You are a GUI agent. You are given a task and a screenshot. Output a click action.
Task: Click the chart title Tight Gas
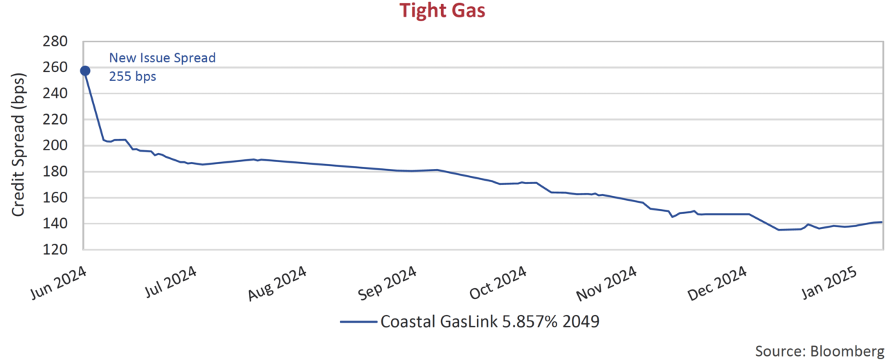tap(443, 11)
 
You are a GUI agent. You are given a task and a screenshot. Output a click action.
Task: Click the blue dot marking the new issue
tap(85, 71)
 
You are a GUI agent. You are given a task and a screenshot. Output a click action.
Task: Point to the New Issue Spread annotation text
tap(163, 58)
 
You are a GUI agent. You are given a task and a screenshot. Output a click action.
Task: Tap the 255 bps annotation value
tap(133, 77)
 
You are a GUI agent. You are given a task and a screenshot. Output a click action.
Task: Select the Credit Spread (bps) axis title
tap(19, 145)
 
